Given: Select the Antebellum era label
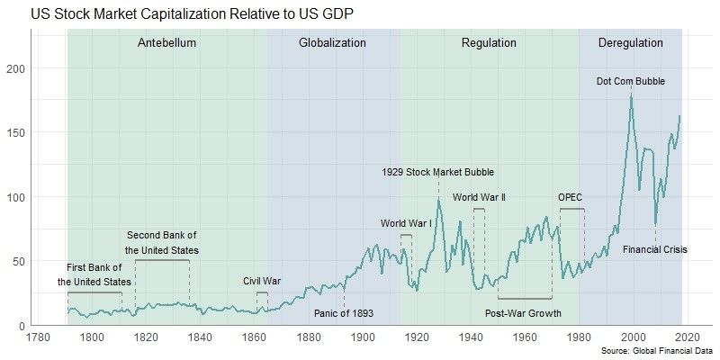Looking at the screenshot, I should (166, 43).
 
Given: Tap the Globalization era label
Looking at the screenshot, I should (332, 43).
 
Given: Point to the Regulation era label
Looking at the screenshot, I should (489, 43).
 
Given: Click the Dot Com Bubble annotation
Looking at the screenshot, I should (631, 81).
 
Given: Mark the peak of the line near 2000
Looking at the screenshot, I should (631, 94).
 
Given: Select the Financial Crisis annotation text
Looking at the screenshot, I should (654, 249).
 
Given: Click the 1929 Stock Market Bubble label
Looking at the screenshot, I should (437, 172).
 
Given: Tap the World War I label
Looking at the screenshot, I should (407, 222).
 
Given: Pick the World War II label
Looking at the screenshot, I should (479, 197).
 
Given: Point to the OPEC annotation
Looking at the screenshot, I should (571, 197).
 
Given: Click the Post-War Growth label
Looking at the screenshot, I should (523, 313).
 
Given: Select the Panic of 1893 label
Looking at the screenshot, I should (344, 313).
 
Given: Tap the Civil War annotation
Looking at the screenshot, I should (262, 281).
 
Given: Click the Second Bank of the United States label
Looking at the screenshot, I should (162, 242).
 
